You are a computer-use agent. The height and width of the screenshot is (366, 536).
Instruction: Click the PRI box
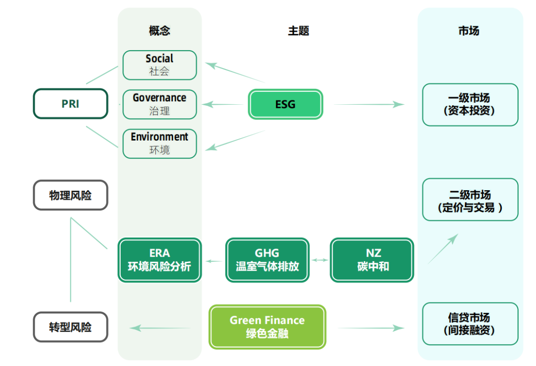click(70, 104)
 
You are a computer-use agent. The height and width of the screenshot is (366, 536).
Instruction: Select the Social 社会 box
click(159, 65)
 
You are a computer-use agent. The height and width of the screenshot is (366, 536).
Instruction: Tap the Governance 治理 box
click(159, 104)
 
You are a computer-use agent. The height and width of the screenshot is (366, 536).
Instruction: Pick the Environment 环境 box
click(159, 143)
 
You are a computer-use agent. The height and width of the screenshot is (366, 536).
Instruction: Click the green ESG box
click(285, 104)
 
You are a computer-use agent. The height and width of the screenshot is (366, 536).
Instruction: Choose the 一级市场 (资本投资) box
click(469, 105)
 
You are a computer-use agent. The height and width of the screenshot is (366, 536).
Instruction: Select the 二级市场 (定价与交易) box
click(469, 200)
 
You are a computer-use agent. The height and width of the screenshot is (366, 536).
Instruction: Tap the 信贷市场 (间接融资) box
click(469, 323)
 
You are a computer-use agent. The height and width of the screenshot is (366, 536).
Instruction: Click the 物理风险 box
click(70, 195)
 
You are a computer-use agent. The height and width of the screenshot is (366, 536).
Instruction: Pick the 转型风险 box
click(70, 327)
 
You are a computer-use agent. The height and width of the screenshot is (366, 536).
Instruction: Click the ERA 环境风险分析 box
click(159, 260)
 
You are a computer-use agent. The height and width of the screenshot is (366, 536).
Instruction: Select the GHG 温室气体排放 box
click(267, 260)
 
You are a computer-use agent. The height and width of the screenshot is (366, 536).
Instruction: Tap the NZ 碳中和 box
click(372, 260)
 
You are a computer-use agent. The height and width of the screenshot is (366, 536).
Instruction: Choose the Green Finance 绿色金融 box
click(267, 327)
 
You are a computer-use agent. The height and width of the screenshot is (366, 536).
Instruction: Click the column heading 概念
click(159, 31)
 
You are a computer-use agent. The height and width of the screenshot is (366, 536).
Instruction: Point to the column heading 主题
click(298, 31)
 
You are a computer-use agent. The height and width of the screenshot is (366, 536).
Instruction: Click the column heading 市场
click(469, 31)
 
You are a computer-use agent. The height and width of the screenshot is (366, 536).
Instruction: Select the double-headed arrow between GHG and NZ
click(320, 260)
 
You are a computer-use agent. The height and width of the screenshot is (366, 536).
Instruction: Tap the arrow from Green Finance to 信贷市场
click(371, 328)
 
